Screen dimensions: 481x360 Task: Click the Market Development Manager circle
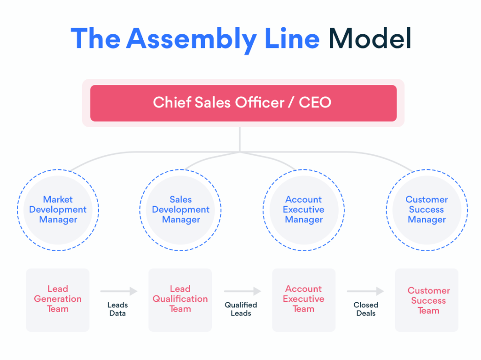tap(58, 209)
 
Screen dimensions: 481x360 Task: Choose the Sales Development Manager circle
tap(180, 209)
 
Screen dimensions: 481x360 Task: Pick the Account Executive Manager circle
tap(303, 209)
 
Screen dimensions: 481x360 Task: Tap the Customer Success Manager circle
tap(427, 209)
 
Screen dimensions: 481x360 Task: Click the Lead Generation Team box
tap(58, 299)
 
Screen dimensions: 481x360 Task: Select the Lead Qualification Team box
tap(180, 299)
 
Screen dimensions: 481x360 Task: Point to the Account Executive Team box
tap(303, 299)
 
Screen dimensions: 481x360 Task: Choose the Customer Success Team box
tap(427, 300)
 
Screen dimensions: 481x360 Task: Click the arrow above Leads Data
tap(119, 291)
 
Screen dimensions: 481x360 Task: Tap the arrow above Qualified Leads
tap(242, 291)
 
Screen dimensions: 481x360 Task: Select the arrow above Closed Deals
tap(365, 291)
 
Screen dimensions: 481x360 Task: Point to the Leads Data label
tap(117, 309)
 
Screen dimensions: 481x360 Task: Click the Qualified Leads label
tap(241, 309)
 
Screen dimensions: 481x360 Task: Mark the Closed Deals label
tap(366, 309)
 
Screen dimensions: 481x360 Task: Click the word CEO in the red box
tap(315, 103)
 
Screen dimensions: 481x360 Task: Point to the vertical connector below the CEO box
tap(240, 139)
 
